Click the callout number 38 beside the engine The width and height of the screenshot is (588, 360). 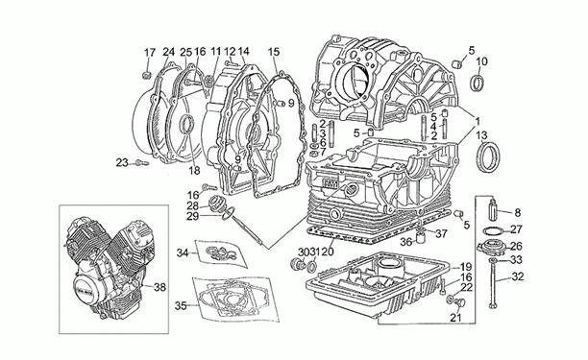point(160,286)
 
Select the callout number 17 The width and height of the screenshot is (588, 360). point(149,52)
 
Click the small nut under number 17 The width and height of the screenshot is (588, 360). point(144,72)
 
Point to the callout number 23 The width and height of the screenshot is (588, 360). point(122,162)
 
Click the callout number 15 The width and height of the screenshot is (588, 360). point(274,51)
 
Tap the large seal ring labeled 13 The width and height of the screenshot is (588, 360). point(491,153)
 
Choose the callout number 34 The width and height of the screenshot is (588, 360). point(181,253)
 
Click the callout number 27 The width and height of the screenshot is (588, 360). point(515,229)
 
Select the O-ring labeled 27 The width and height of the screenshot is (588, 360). point(490,231)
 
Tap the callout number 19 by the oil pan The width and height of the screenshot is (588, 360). point(466,266)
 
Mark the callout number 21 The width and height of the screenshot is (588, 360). point(457,317)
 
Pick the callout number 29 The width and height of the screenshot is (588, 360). point(192,217)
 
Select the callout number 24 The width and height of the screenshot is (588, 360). point(169,52)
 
